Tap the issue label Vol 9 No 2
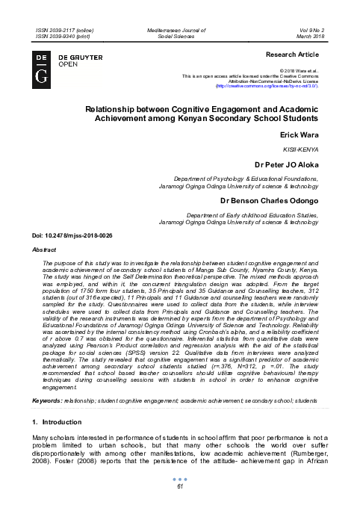(x=311, y=28)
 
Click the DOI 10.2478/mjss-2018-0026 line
(x=71, y=235)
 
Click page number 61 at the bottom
(x=180, y=487)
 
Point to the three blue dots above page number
(x=180, y=479)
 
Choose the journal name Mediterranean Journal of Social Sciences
(x=180, y=31)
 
